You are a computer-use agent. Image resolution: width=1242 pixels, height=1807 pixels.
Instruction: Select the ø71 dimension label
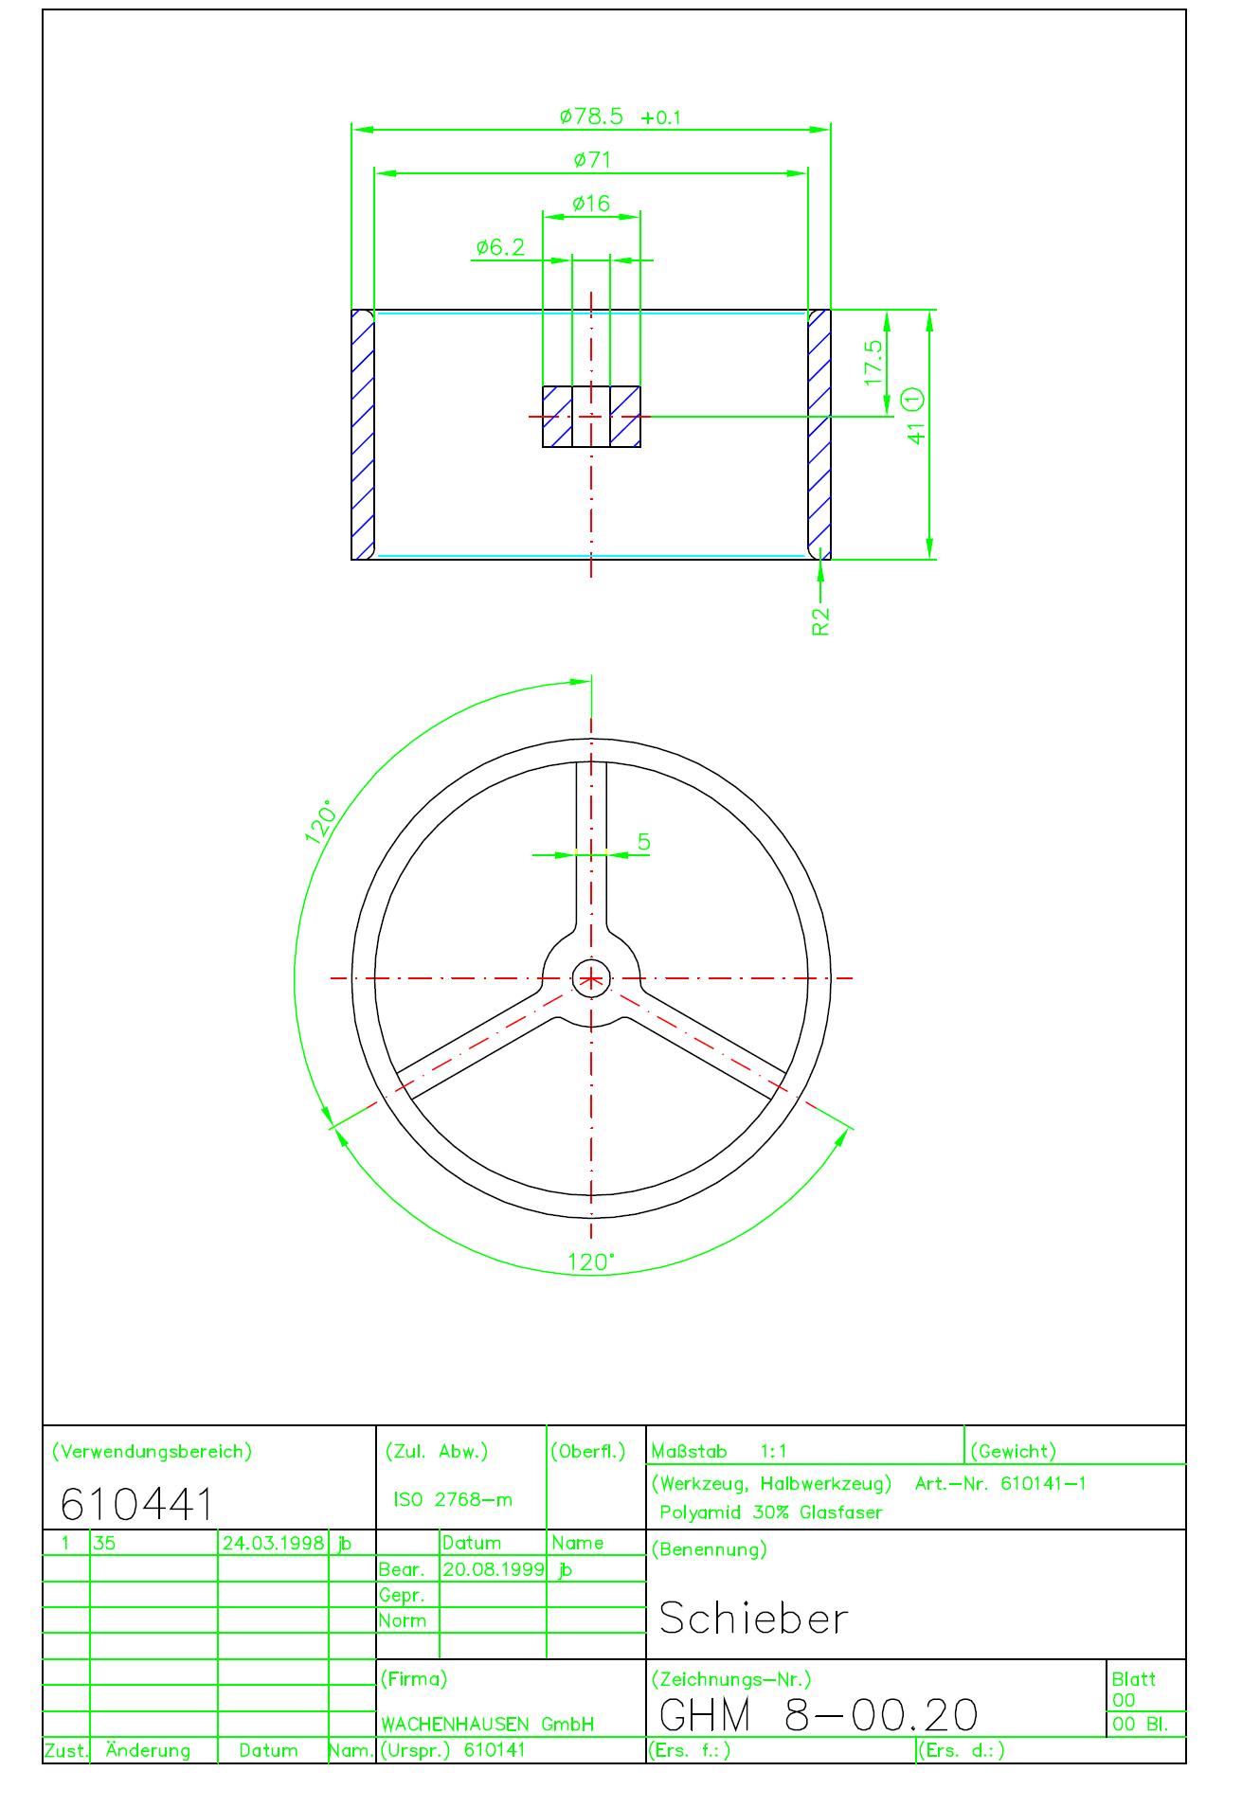pyautogui.click(x=592, y=160)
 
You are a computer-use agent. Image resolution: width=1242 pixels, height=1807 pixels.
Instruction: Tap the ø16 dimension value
pyautogui.click(x=591, y=204)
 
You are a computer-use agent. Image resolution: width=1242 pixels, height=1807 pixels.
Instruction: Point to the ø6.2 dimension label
pyautogui.click(x=499, y=247)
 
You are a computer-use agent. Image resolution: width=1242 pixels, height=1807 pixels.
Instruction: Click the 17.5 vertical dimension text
pyautogui.click(x=873, y=362)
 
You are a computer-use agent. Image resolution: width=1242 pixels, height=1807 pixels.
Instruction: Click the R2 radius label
pyautogui.click(x=820, y=621)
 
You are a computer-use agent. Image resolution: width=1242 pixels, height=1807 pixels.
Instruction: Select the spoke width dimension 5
pyautogui.click(x=644, y=842)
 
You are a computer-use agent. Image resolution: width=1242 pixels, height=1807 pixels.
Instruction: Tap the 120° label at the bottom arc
pyautogui.click(x=591, y=1262)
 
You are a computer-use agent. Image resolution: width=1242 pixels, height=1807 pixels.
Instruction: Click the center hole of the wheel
pyautogui.click(x=591, y=978)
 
